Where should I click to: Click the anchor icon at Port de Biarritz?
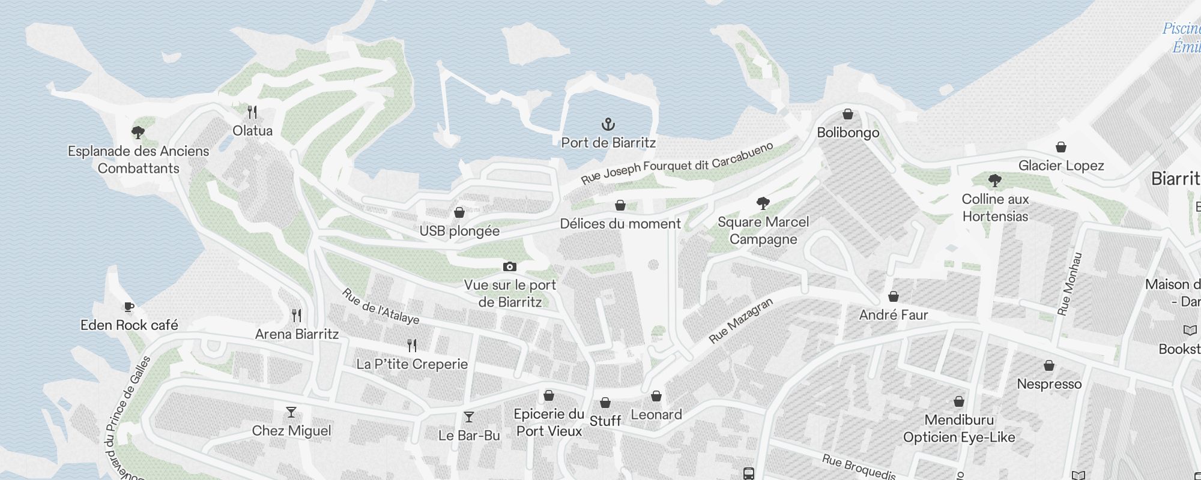[x=608, y=125]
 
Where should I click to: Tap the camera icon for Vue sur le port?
[x=509, y=266]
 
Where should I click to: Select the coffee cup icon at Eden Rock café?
[x=129, y=307]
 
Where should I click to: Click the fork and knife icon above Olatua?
[x=253, y=112]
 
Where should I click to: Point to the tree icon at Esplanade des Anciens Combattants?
[x=138, y=132]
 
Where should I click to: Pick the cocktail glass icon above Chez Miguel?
[x=291, y=412]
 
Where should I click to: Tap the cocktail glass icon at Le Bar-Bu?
[x=469, y=417]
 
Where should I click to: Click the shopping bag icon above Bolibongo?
[x=848, y=114]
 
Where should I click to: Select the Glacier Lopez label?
[x=1061, y=166]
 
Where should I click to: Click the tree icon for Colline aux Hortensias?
[x=995, y=180]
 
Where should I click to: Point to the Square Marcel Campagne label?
[x=763, y=230]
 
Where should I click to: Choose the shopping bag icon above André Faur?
[x=894, y=296]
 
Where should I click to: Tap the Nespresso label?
[x=1049, y=384]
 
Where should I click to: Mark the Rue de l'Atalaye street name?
[x=381, y=306]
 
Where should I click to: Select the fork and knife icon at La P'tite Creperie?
[x=412, y=346]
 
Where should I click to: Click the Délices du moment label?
[x=620, y=224]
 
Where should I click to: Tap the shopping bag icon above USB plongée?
[x=459, y=212]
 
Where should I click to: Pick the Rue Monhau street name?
[x=1069, y=283]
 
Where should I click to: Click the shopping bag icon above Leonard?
[x=656, y=396]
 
